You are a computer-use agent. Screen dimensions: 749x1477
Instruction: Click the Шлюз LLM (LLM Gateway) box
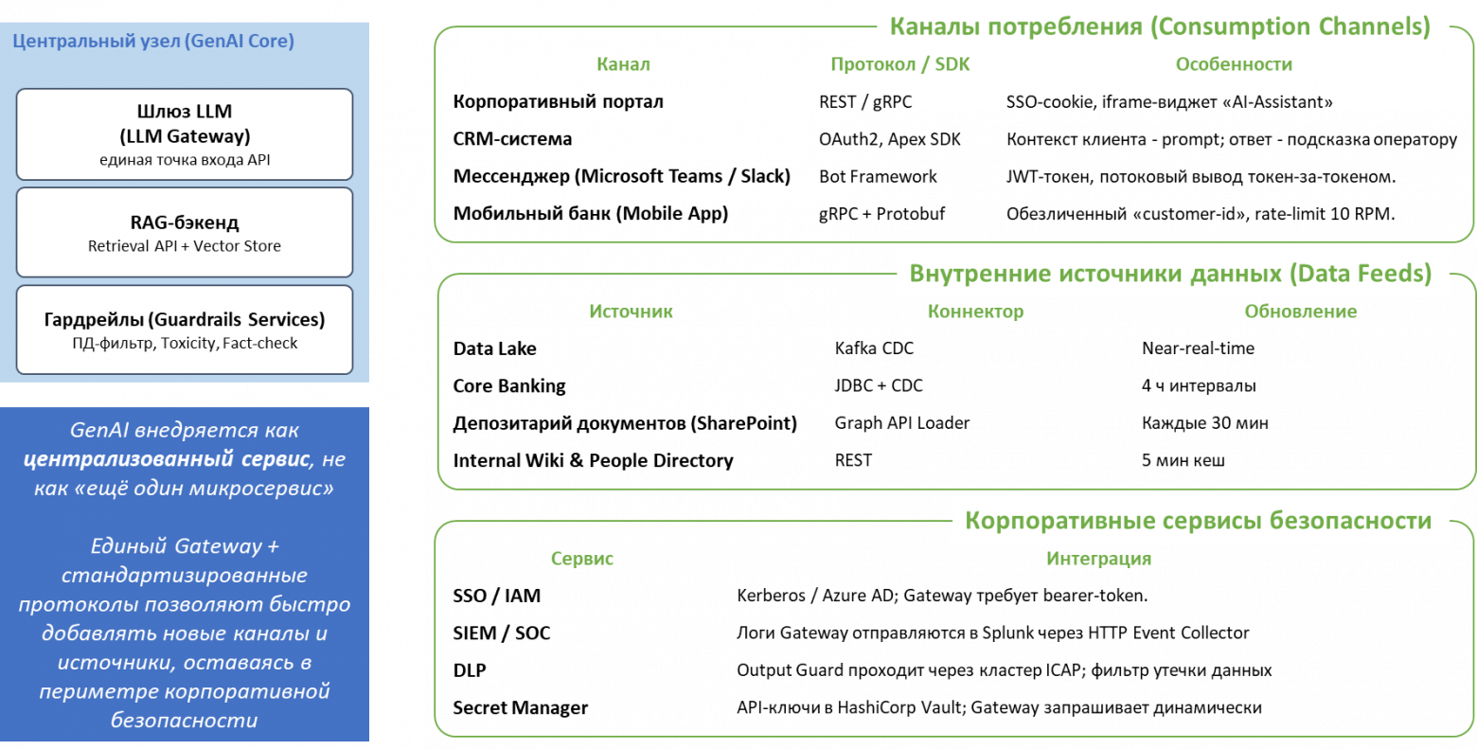click(185, 134)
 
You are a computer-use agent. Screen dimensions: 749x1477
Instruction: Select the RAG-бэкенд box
click(185, 232)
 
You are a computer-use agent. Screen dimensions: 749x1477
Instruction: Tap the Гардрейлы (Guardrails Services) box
click(185, 330)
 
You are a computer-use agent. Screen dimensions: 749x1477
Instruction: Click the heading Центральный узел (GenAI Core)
click(153, 42)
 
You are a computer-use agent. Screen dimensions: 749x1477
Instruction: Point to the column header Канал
click(623, 64)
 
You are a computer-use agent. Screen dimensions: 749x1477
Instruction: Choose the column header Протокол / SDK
click(899, 64)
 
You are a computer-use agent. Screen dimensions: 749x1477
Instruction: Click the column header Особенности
click(1233, 64)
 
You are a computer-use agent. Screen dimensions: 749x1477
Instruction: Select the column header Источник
click(631, 312)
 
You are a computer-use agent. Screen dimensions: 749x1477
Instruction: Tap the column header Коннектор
click(975, 312)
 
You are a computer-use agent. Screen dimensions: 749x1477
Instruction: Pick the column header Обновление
click(1300, 312)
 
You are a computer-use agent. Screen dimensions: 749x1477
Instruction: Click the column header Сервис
click(581, 559)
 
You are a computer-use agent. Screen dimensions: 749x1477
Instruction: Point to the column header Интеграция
click(1098, 559)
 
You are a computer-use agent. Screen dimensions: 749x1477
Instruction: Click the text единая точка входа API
click(185, 160)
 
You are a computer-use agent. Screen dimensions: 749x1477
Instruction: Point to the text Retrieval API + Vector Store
click(185, 246)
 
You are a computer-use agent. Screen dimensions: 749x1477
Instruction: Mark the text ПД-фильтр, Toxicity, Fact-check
click(185, 344)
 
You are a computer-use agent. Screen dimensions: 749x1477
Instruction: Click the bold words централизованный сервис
click(167, 459)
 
